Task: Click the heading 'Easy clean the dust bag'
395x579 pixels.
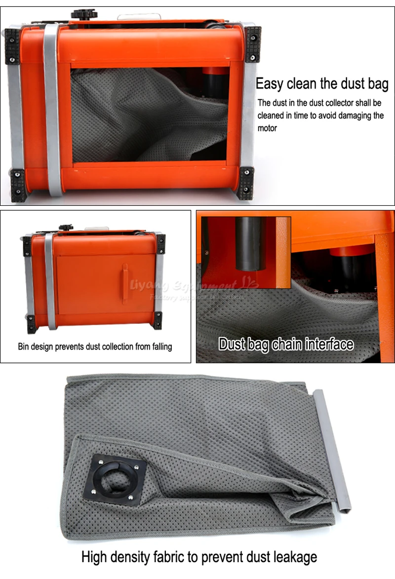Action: tap(322, 83)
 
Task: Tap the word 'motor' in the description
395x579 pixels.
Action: tap(267, 128)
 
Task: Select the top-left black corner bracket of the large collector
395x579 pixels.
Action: tap(13, 46)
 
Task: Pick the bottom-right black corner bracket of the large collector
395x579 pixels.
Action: tap(245, 183)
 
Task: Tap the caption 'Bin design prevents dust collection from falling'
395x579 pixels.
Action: tap(95, 347)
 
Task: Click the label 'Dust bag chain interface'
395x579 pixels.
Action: tap(286, 344)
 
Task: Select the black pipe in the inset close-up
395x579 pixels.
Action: tap(250, 244)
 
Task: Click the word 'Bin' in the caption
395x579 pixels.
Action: tap(24, 347)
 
